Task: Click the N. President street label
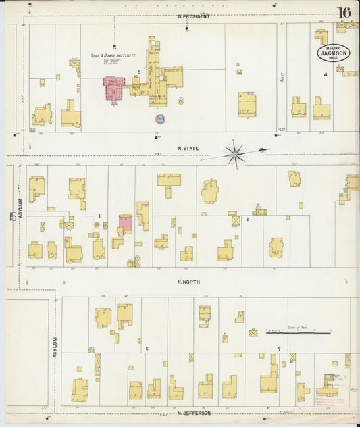click(194, 16)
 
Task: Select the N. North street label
click(189, 281)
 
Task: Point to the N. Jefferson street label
click(194, 413)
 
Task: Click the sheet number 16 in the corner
click(344, 11)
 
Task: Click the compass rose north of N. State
click(236, 154)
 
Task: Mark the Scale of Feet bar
click(298, 332)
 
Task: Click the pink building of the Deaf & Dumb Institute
click(113, 89)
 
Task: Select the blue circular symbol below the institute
click(160, 119)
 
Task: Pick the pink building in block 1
click(126, 224)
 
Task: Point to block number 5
click(138, 71)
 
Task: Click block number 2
click(247, 219)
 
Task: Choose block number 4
click(325, 74)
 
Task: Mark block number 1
click(99, 216)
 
